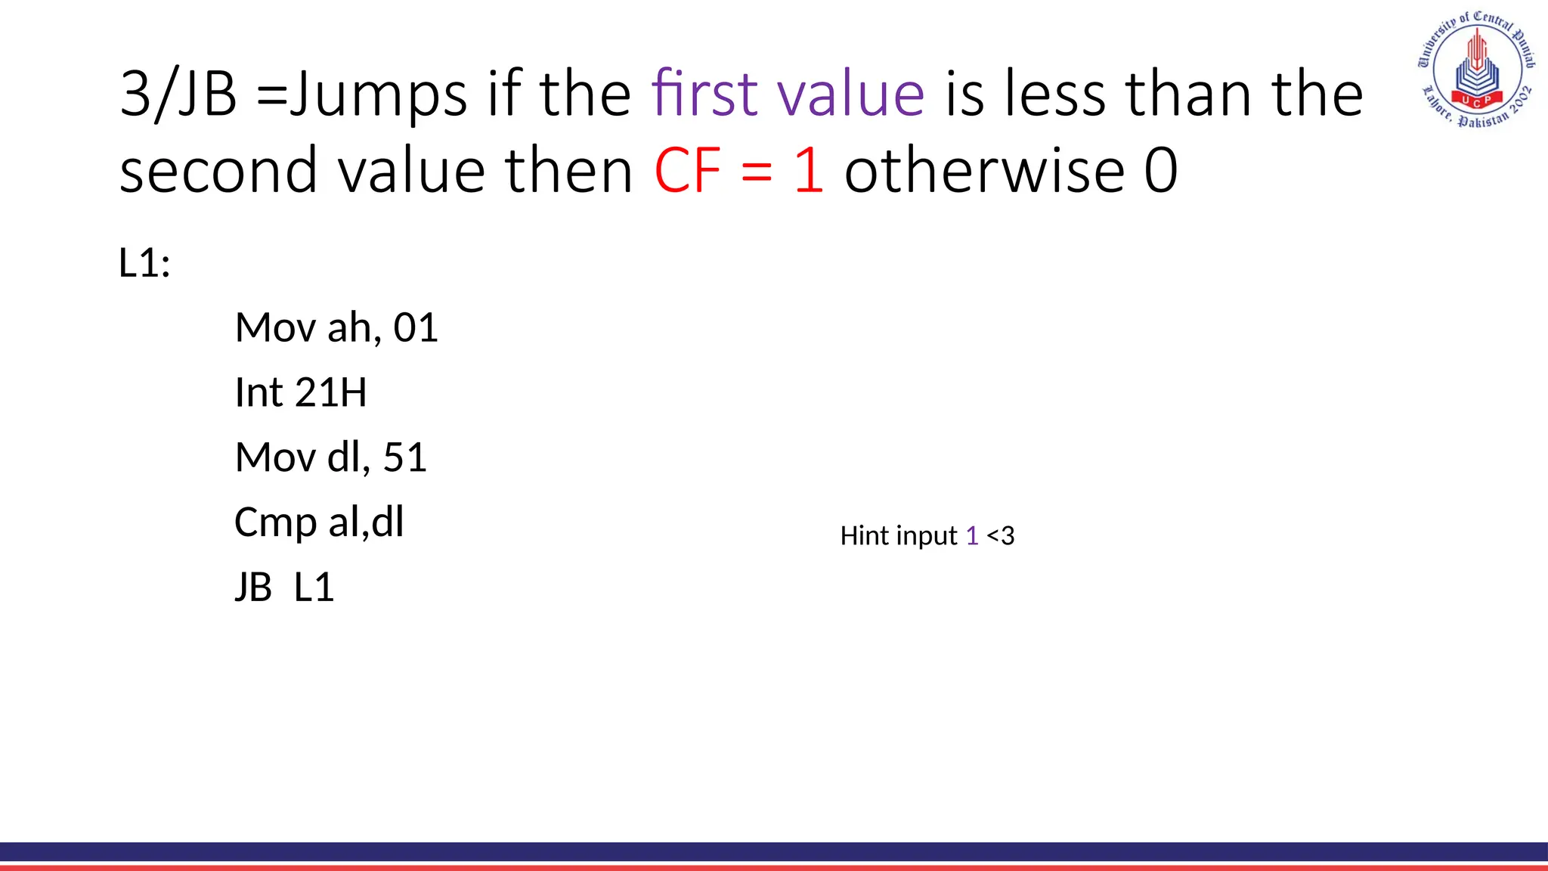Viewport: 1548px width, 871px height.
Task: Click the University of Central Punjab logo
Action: [x=1475, y=70]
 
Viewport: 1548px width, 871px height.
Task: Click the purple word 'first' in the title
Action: [x=704, y=94]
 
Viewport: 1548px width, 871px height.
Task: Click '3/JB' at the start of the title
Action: [x=178, y=94]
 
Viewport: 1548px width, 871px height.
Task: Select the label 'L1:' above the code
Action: [x=144, y=263]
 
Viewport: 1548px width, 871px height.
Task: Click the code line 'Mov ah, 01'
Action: [x=336, y=328]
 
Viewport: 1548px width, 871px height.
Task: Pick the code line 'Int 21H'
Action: [x=300, y=393]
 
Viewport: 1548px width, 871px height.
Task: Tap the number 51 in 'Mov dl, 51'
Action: [x=405, y=457]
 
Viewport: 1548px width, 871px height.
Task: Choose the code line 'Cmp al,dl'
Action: [x=319, y=522]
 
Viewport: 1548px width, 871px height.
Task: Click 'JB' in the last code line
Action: [x=253, y=587]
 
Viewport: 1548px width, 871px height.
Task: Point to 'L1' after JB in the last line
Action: [x=314, y=587]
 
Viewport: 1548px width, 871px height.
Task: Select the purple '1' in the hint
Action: [x=972, y=536]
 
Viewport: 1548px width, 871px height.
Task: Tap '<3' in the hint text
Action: [x=1001, y=536]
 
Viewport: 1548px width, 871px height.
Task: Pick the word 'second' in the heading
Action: [x=218, y=171]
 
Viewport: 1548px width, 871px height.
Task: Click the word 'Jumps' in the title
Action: [x=378, y=94]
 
